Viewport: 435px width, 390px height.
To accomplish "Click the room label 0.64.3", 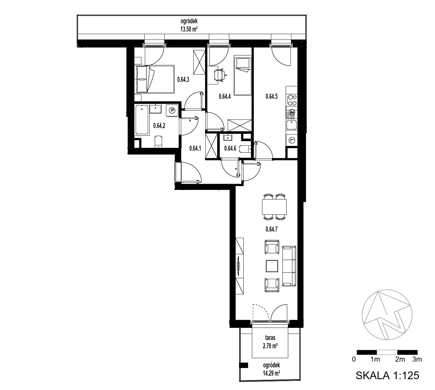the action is (x=183, y=80).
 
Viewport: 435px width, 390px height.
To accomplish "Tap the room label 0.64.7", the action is (x=272, y=229).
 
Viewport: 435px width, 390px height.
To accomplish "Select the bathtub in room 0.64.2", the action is (x=142, y=120).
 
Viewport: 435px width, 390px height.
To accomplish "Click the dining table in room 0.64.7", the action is (x=275, y=207).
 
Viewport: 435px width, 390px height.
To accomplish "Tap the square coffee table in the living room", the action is (x=272, y=266).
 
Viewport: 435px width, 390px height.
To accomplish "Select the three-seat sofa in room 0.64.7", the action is (x=289, y=266).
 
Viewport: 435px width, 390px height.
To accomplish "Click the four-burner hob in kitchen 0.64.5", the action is (x=292, y=100).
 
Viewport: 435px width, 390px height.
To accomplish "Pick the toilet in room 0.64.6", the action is (x=245, y=149).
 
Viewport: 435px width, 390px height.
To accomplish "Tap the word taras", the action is (x=270, y=338).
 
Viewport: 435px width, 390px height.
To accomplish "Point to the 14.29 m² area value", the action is (x=271, y=373).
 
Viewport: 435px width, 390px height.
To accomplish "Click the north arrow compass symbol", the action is (x=387, y=315).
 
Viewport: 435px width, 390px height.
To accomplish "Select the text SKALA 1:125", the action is (x=387, y=375).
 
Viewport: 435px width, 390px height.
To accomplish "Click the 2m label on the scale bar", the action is (x=400, y=359).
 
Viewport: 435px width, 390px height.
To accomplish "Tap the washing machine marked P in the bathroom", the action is (x=172, y=111).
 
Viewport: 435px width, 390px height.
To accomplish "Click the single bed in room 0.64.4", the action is (x=243, y=75).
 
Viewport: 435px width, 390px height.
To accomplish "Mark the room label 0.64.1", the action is (x=195, y=148).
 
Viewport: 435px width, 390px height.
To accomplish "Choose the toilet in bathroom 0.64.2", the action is (x=159, y=142).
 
